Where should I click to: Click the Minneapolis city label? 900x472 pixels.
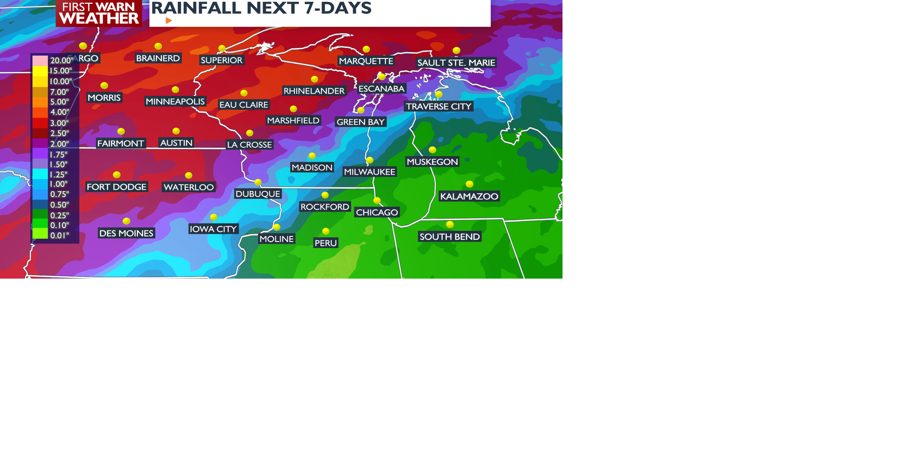coord(175,102)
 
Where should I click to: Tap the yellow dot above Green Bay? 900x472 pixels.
coord(361,111)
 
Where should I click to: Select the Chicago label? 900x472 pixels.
coord(377,213)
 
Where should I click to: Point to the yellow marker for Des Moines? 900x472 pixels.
coord(127,221)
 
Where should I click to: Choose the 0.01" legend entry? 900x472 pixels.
coord(60,236)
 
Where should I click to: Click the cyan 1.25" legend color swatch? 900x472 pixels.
coord(40,174)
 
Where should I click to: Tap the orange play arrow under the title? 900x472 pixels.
coord(169,21)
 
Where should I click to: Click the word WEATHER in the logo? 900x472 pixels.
coord(99,18)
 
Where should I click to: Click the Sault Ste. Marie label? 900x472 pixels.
coord(456,63)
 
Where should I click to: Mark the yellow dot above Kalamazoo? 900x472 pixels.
coord(470,184)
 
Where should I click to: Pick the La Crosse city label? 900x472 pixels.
coord(249,145)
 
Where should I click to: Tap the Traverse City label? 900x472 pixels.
coord(439,107)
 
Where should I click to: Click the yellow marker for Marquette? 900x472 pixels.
coord(367,49)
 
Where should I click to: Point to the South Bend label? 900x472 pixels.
coord(450,237)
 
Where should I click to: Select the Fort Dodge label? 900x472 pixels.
coord(117,187)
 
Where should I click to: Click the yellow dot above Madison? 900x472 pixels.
coord(312,156)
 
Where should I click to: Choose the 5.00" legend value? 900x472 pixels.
coord(60,102)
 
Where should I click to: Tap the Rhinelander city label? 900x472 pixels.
coord(314,91)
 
